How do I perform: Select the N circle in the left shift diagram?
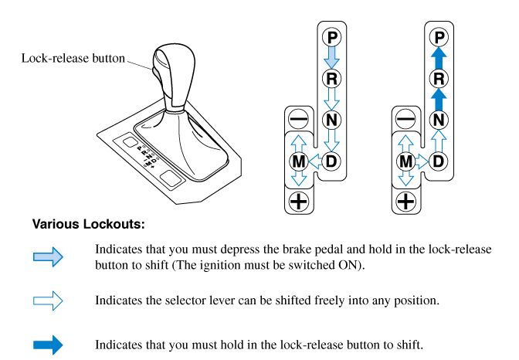(x=332, y=120)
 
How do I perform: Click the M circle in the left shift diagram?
(x=298, y=161)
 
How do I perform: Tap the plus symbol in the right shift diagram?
(x=405, y=202)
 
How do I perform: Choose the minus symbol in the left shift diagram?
(x=298, y=120)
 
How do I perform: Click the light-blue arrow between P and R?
(x=332, y=57)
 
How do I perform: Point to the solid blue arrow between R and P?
(x=439, y=57)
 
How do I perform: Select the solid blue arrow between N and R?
(x=439, y=99)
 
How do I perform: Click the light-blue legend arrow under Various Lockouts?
(x=48, y=258)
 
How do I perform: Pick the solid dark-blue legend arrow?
(x=48, y=344)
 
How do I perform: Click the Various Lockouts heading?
(x=88, y=225)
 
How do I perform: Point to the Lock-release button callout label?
(x=73, y=58)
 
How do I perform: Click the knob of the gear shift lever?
(x=171, y=73)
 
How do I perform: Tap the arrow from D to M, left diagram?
(x=315, y=161)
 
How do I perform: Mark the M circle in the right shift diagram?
(x=405, y=161)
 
